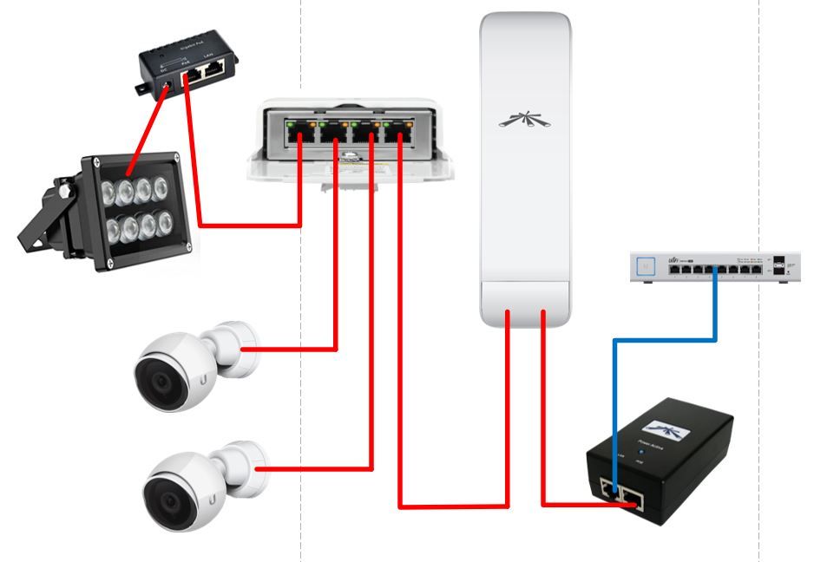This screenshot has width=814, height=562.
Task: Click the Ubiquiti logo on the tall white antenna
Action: pos(525,121)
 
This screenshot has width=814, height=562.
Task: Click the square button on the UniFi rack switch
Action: pos(646,267)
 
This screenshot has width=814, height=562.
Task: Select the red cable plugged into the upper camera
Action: pos(295,350)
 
